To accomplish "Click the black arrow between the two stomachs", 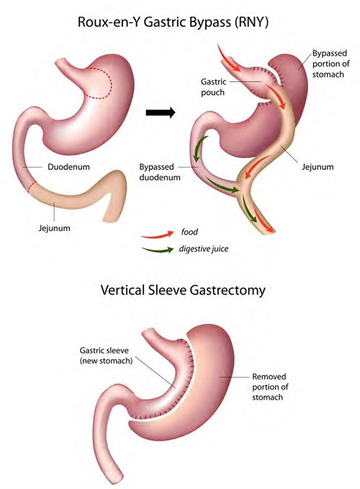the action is click(x=161, y=112).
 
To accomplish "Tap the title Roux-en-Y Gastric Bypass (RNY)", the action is click(x=173, y=22).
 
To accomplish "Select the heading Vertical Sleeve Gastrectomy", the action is click(x=183, y=290).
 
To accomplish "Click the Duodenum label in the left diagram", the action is click(x=68, y=167).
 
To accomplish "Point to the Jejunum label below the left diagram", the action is click(x=54, y=228).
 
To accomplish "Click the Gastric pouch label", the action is click(x=214, y=87).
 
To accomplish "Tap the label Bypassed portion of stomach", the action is click(x=330, y=63).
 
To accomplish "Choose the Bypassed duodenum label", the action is click(x=160, y=172).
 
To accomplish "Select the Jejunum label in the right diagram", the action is click(x=318, y=167).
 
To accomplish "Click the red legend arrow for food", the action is click(x=158, y=235).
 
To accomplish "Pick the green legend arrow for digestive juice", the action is click(x=158, y=249).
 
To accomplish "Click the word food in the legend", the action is click(x=189, y=232).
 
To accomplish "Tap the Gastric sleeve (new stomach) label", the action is click(x=106, y=356).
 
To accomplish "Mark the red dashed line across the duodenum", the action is click(x=32, y=187).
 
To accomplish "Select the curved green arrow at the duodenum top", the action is click(x=199, y=147).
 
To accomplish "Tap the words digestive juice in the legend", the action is click(x=204, y=249).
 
